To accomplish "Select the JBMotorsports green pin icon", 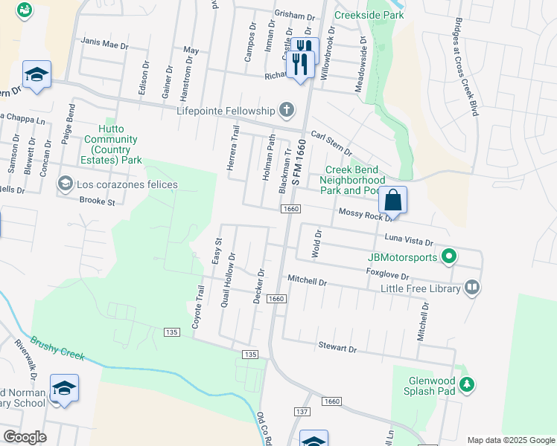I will pyautogui.click(x=449, y=257).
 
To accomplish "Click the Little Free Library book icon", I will pyautogui.click(x=471, y=288).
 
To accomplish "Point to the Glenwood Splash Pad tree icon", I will pyautogui.click(x=467, y=384).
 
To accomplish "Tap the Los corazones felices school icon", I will pyautogui.click(x=66, y=184).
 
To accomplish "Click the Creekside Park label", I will pyautogui.click(x=369, y=15).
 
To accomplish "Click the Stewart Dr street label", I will pyautogui.click(x=339, y=347).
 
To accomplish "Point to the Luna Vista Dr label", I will pyautogui.click(x=407, y=238).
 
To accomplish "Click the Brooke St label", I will pyautogui.click(x=98, y=201).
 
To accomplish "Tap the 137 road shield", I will pyautogui.click(x=302, y=411).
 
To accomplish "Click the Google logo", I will pyautogui.click(x=25, y=437).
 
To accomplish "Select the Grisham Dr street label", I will pyautogui.click(x=295, y=15).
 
